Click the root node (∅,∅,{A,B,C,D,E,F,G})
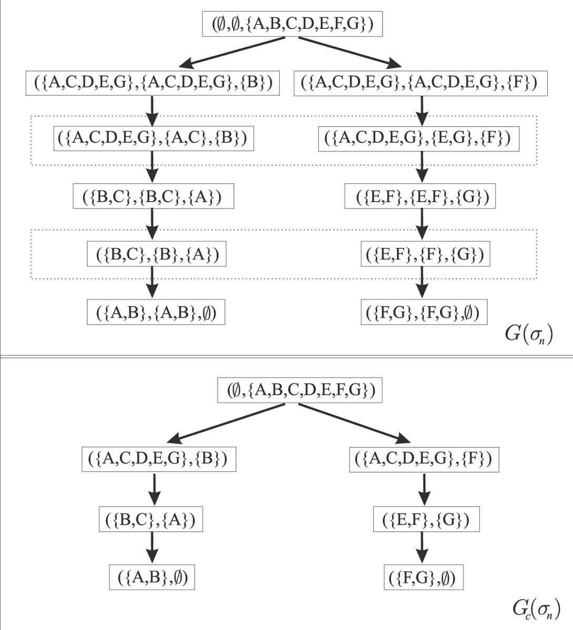(292, 25)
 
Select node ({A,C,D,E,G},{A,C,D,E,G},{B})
(152, 83)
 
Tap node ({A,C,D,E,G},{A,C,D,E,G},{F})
(421, 83)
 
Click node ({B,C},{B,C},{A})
(153, 197)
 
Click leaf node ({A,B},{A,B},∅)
(156, 312)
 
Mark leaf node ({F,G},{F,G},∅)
(423, 312)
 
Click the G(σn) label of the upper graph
(528, 335)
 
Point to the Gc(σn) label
(531, 610)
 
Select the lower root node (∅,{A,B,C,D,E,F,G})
(300, 391)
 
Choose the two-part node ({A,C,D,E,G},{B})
(158, 459)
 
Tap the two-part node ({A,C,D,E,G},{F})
(423, 459)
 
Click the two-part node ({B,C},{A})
(151, 520)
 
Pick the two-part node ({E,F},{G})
(426, 520)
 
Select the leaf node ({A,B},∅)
(152, 577)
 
